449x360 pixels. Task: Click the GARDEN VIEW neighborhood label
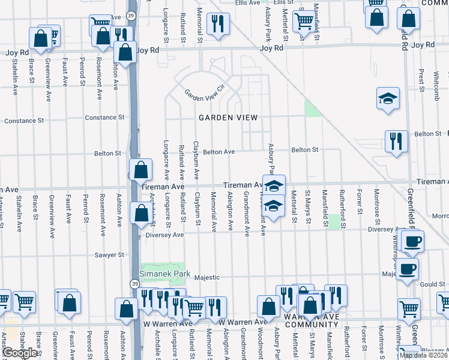tap(228, 118)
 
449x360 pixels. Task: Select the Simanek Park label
tap(164, 274)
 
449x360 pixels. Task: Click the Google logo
tap(20, 353)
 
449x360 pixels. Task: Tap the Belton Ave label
tap(218, 152)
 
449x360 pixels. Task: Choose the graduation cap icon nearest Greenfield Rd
tap(388, 98)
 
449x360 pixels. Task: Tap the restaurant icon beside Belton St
tap(396, 142)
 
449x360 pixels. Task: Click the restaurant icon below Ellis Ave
tap(217, 24)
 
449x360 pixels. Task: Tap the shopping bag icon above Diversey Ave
tap(140, 214)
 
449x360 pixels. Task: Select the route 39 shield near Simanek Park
tap(134, 283)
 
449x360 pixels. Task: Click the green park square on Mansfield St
tap(334, 221)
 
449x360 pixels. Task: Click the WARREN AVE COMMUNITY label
tap(309, 320)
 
